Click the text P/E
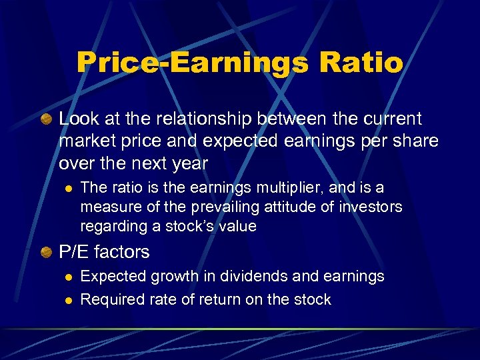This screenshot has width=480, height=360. point(74,252)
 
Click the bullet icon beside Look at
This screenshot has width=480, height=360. point(45,119)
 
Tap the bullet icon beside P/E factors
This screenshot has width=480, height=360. point(45,252)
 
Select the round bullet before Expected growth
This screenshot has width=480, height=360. point(66,277)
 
